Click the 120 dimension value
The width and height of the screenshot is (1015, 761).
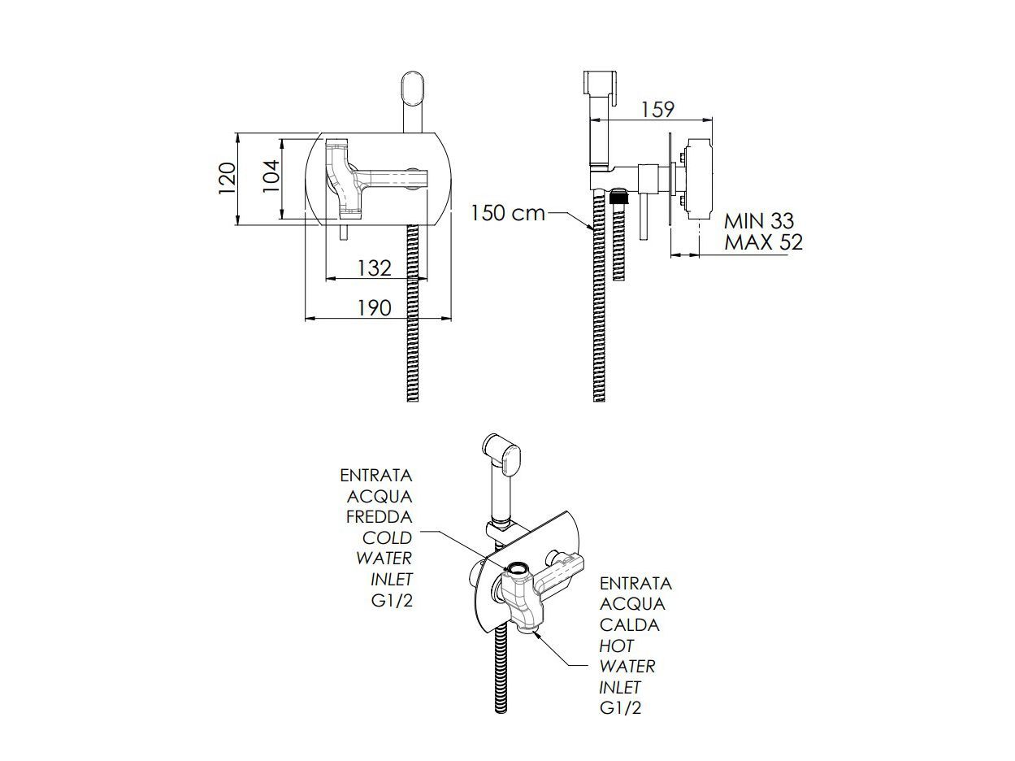[228, 178]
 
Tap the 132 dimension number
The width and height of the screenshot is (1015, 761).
[374, 267]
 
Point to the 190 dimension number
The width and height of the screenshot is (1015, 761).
[374, 307]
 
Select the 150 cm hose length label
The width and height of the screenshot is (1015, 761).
[507, 213]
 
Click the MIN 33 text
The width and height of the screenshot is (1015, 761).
[759, 221]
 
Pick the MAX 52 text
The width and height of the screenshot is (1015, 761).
[763, 242]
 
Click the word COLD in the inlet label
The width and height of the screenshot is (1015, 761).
[387, 537]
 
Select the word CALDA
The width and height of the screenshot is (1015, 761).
[630, 625]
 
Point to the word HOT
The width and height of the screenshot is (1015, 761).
[616, 646]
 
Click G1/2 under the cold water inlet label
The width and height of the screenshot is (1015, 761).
[391, 601]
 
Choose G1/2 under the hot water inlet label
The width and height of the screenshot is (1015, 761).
[621, 708]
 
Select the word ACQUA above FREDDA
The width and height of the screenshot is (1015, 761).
[380, 496]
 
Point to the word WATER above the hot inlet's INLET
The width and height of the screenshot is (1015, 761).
[627, 667]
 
